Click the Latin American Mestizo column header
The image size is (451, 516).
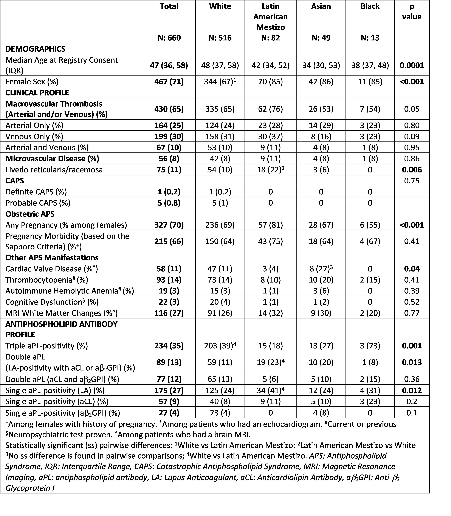[271, 17]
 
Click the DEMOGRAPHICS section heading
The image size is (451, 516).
[36, 49]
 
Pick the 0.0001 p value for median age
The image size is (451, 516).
[412, 65]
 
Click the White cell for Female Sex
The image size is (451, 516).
[220, 81]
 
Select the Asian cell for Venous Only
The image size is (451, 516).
[321, 137]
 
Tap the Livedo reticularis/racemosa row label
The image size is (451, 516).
[54, 170]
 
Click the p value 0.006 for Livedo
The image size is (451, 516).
[412, 170]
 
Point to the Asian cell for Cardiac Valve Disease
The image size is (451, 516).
[321, 269]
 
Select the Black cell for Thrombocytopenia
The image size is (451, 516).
[370, 280]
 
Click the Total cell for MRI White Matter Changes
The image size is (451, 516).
[169, 313]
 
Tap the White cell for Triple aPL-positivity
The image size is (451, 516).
[220, 346]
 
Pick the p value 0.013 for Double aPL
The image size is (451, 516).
[412, 362]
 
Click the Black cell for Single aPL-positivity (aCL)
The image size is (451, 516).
[370, 402]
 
